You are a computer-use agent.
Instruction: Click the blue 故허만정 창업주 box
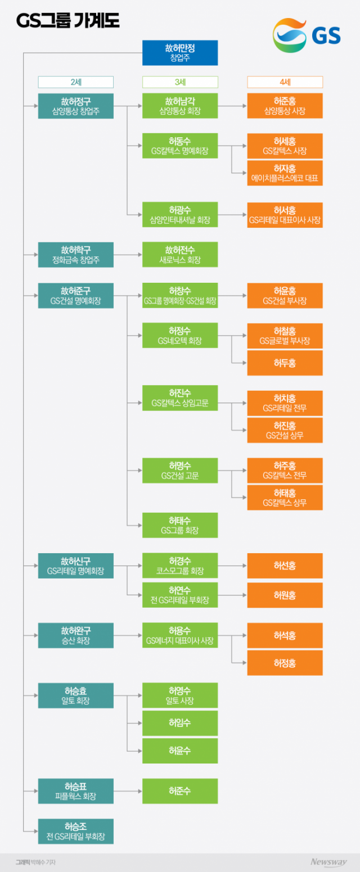click(x=180, y=53)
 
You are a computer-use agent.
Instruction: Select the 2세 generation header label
click(x=75, y=82)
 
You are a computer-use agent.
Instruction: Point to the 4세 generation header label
click(x=285, y=82)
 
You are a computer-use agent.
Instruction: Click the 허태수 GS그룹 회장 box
click(x=180, y=525)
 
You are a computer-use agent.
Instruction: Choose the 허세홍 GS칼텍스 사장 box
click(x=285, y=146)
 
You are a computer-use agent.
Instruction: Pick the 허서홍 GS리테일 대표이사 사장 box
click(x=285, y=215)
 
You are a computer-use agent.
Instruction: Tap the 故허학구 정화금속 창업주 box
click(x=75, y=255)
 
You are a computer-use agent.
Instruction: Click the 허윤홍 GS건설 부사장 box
click(x=285, y=295)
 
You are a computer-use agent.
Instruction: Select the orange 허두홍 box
click(x=285, y=363)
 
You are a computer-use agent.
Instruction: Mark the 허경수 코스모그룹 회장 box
click(x=180, y=566)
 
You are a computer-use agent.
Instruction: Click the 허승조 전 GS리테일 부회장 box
click(x=75, y=831)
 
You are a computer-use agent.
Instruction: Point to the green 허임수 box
click(x=180, y=723)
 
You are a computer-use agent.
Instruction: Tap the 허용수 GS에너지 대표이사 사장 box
click(x=180, y=635)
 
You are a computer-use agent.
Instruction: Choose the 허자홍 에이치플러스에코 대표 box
click(x=285, y=173)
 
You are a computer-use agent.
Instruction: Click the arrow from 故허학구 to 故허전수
click(x=128, y=255)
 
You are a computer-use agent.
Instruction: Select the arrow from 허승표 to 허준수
click(x=128, y=791)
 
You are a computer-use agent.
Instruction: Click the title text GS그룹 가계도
click(x=67, y=21)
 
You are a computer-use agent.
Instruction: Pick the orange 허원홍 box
click(x=285, y=595)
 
